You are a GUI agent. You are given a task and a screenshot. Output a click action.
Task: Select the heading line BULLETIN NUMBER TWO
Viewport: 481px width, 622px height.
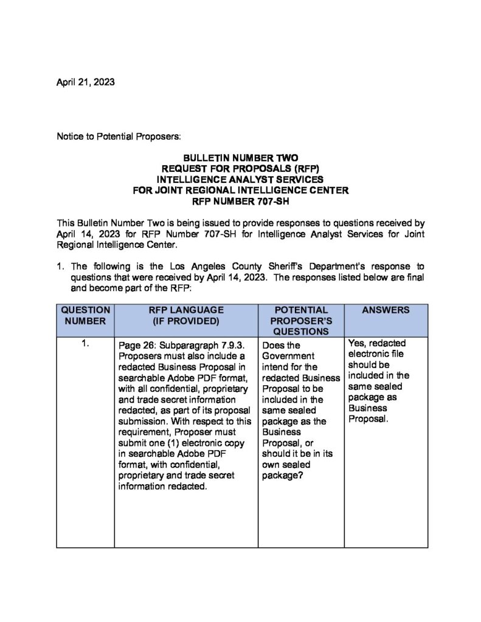[x=241, y=157]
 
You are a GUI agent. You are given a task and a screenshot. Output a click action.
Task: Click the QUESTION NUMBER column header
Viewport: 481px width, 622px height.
[x=85, y=315]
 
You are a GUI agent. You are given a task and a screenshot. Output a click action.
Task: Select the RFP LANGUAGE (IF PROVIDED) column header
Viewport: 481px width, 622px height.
[x=185, y=315]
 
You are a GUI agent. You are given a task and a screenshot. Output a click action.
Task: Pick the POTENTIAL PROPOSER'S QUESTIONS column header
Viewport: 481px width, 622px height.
[x=301, y=321]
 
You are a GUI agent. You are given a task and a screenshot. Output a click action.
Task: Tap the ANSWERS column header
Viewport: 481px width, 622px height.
[x=386, y=310]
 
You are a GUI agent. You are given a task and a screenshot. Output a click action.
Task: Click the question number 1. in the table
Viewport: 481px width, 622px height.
[x=86, y=344]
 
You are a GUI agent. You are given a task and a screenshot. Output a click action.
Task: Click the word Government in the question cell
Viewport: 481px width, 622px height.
[x=288, y=356]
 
